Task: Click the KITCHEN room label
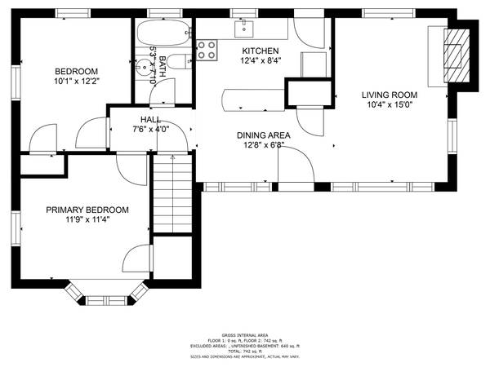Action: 261,50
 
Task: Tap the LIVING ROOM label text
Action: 391,95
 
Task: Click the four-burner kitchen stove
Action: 208,49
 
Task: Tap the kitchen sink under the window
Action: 243,30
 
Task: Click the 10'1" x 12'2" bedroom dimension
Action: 76,81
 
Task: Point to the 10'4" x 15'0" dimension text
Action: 391,104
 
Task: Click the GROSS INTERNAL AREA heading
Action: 244,335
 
